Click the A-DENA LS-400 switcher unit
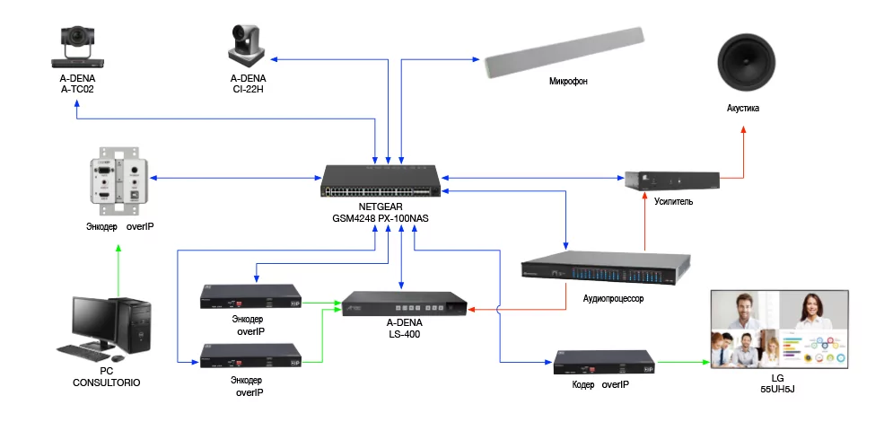tap(404, 305)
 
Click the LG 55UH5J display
tap(779, 328)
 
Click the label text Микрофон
tap(568, 82)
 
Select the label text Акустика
tap(743, 108)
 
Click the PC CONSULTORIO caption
tap(106, 376)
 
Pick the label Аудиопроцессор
tap(614, 298)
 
